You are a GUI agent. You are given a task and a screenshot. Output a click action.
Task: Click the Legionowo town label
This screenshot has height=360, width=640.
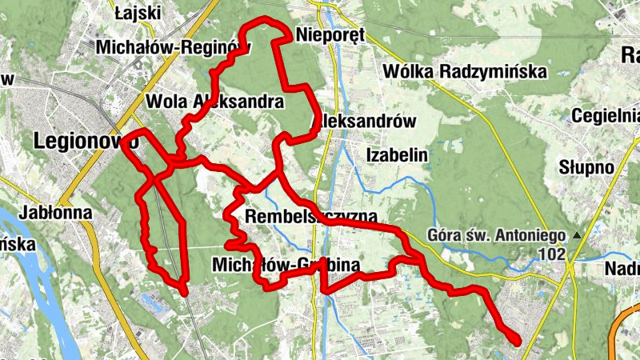86,141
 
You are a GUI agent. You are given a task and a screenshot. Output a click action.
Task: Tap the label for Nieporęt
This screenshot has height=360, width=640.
330,34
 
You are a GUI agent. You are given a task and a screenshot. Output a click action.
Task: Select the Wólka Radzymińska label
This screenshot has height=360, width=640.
465,71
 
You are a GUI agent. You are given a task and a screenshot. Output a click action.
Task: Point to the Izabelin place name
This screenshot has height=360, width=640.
397,154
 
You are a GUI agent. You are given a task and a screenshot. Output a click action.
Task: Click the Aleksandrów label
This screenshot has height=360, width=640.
368,122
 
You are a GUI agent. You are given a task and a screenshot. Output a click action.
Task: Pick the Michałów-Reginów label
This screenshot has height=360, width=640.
173,47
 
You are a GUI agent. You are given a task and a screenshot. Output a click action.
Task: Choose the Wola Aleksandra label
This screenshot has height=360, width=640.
214,102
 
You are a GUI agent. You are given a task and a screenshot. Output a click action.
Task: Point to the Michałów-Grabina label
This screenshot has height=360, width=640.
286,264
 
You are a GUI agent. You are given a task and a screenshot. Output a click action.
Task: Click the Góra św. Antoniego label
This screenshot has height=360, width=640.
498,236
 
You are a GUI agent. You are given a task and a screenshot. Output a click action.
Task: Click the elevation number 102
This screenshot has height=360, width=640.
552,254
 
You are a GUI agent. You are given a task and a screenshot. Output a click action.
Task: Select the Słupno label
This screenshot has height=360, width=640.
586,168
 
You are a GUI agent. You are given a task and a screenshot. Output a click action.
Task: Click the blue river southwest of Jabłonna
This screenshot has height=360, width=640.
32,264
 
